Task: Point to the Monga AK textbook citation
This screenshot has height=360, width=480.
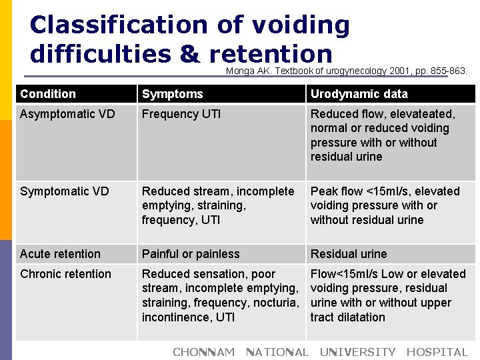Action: pos(347,70)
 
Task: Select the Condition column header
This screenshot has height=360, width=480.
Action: pos(48,94)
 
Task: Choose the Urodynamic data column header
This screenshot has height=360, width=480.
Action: pos(359,94)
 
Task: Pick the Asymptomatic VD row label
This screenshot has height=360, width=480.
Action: pos(67,114)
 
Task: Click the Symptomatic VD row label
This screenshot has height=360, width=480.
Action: pos(65,191)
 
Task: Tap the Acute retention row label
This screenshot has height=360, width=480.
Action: pos(60,254)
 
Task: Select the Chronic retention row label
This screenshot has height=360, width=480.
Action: pos(65,274)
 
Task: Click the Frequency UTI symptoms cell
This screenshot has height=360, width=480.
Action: pos(181,114)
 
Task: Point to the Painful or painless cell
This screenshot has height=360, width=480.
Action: pos(191,254)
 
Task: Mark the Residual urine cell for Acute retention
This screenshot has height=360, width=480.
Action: pos(348,254)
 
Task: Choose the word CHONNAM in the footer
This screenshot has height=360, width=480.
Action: pos(203,352)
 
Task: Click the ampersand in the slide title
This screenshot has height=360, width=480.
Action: pos(189,54)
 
